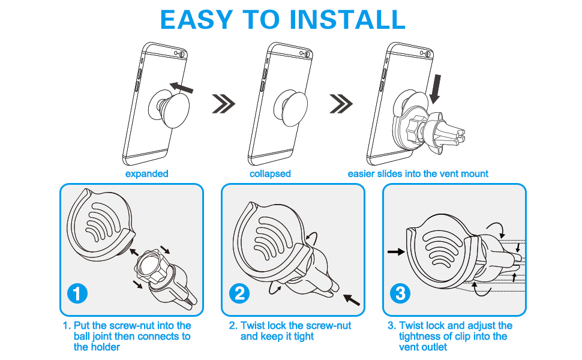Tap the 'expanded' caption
146,174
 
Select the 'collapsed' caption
270,174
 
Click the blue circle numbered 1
77,294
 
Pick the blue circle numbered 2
239,294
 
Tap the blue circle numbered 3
400,294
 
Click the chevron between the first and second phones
224,104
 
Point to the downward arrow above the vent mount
436,88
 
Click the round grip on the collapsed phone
289,107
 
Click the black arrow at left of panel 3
396,252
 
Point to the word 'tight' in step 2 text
304,337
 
